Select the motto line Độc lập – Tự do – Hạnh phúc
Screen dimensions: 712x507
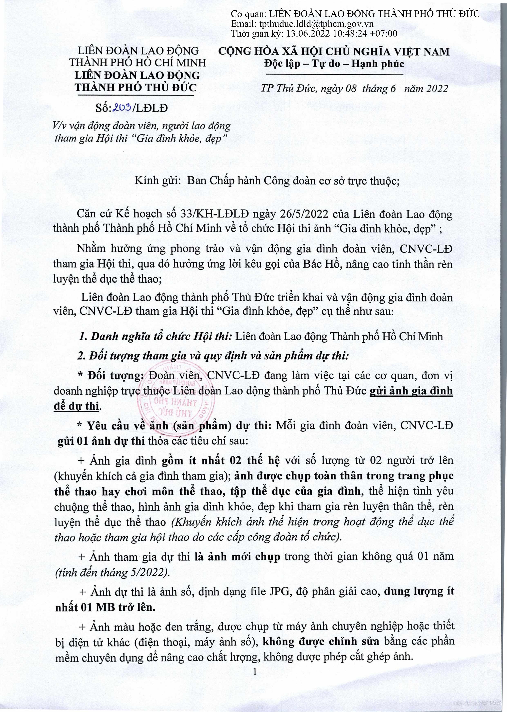coord(334,64)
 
